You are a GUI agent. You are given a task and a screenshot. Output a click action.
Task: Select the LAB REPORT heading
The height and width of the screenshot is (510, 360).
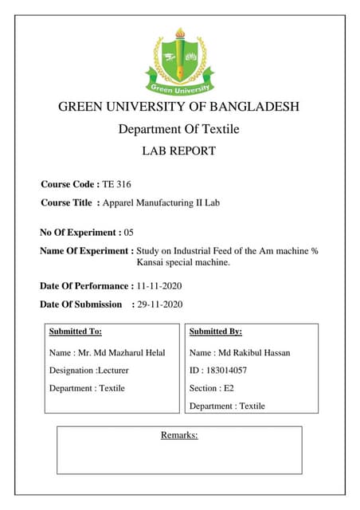[x=178, y=151]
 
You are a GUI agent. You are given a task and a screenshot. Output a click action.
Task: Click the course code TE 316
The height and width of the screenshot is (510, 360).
[x=116, y=184]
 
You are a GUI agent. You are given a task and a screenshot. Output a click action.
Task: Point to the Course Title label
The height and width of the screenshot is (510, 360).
[x=67, y=203]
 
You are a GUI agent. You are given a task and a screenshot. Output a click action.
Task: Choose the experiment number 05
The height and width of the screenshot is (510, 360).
[x=129, y=233]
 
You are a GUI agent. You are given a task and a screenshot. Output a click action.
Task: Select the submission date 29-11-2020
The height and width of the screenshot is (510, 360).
[x=160, y=304]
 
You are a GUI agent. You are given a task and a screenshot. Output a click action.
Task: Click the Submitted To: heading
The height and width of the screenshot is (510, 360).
[x=75, y=331]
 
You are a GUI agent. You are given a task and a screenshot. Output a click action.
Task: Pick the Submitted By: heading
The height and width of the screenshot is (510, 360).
[x=216, y=331]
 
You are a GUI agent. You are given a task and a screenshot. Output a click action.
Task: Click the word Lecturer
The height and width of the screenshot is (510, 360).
[x=112, y=371]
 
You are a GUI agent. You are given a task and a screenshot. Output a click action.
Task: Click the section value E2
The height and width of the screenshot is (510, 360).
[x=229, y=388]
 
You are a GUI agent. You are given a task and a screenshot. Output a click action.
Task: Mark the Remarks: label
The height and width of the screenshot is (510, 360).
[x=179, y=435]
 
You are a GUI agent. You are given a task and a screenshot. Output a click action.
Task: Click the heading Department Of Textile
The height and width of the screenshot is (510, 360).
[x=178, y=129]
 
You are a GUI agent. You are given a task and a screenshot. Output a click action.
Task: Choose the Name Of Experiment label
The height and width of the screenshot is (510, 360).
[x=87, y=251]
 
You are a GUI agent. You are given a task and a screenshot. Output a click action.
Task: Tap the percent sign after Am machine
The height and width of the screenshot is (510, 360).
[x=314, y=251]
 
